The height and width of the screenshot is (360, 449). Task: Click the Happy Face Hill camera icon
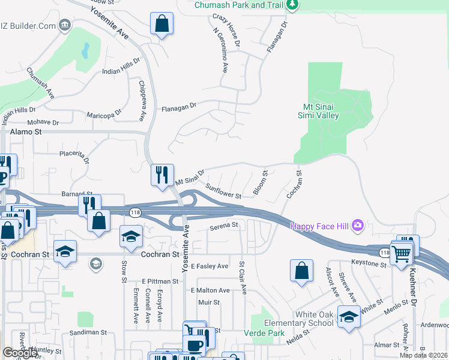pos(358,226)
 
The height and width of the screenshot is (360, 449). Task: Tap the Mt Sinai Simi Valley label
pos(319,112)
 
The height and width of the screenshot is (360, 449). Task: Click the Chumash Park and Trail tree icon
pos(292,5)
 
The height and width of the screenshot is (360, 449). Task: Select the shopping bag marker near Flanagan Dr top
pos(161,25)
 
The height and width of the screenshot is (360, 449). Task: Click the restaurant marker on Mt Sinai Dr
pos(162,175)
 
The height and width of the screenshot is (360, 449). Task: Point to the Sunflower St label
pos(223,191)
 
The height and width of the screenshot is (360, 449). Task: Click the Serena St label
pos(224,226)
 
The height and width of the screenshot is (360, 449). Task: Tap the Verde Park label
pos(259,333)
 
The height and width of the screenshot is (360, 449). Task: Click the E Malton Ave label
pos(210,290)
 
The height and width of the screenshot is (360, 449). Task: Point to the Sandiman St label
pos(87,332)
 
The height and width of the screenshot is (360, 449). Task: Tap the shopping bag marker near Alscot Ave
pos(301,271)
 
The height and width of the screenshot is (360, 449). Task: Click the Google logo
pos(19,353)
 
